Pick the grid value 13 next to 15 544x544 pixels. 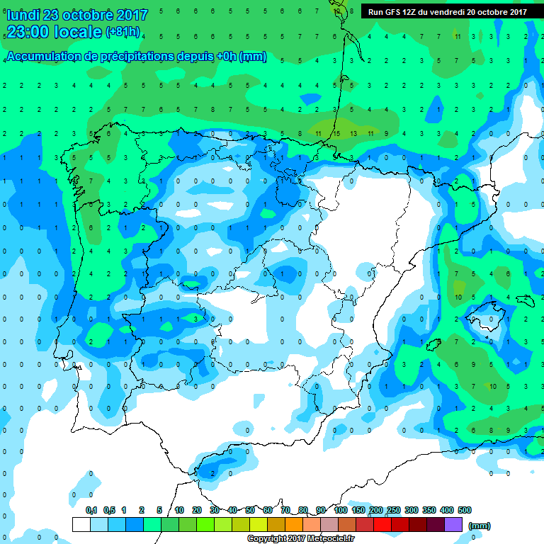coord(353,132)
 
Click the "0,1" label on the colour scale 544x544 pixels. coord(91,510)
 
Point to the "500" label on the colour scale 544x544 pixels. coord(465,510)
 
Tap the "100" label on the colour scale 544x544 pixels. coord(341,510)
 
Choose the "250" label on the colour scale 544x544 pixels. coord(394,510)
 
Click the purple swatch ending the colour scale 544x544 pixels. coord(453,524)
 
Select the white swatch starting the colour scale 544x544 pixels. coord(81,524)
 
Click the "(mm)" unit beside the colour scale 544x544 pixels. coord(480,526)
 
